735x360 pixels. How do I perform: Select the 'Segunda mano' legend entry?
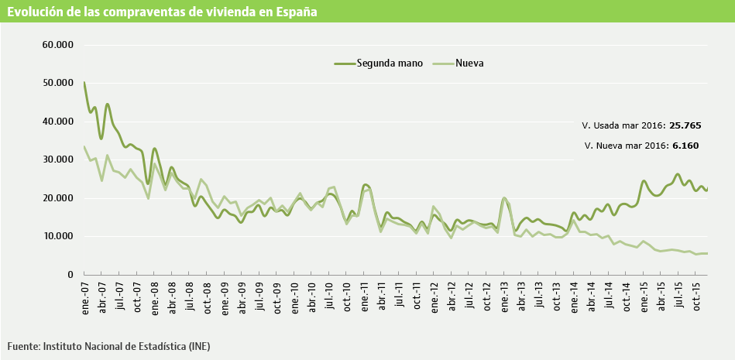(389, 63)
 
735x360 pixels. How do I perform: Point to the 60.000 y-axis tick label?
(57, 45)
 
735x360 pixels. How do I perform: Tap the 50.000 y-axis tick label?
(57, 83)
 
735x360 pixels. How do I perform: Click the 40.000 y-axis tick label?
(57, 122)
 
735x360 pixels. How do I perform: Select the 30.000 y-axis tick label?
(57, 159)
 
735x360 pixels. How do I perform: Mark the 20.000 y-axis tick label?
(57, 198)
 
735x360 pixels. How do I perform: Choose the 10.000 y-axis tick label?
(57, 236)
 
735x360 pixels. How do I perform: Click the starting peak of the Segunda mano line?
(84, 82)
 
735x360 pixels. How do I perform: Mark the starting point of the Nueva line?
(84, 147)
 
